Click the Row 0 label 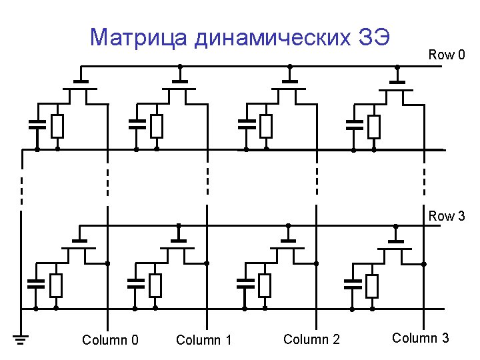tap(447, 55)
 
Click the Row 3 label tap(447, 216)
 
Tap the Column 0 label tap(110, 341)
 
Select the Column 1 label tap(203, 341)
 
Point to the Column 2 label tap(311, 340)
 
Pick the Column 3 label tap(420, 338)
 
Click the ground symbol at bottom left tap(21, 341)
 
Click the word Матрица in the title tap(139, 38)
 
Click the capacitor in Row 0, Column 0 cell tap(37, 124)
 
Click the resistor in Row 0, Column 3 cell tap(374, 126)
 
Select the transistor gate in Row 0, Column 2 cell tap(289, 81)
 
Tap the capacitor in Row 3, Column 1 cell tap(135, 284)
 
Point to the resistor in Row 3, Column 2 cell tap(265, 285)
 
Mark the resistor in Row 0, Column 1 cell tap(156, 126)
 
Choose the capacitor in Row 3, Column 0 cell tap(35, 284)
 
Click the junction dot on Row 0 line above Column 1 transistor tap(179, 67)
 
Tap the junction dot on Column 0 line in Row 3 tap(107, 263)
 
